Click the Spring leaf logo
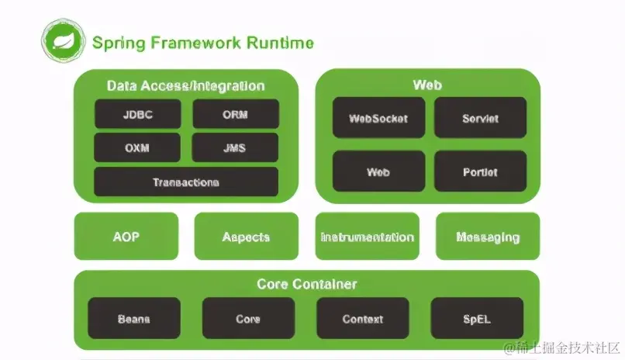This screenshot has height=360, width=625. [63, 40]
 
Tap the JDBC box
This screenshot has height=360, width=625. [138, 114]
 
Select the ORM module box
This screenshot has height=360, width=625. [236, 114]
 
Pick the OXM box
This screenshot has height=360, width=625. [137, 147]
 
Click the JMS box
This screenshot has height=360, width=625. [235, 147]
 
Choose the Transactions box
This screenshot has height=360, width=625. [186, 182]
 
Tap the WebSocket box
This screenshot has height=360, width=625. [378, 118]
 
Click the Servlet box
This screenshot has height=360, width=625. [480, 118]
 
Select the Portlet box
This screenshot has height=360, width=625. [480, 171]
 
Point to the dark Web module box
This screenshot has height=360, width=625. [378, 171]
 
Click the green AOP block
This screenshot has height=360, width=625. [126, 236]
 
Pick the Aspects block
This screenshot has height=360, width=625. [247, 236]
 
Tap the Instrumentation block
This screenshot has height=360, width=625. [367, 236]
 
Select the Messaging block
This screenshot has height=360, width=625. [488, 236]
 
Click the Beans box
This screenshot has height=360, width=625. [134, 318]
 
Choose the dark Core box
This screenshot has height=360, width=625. [248, 318]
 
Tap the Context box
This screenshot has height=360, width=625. [363, 318]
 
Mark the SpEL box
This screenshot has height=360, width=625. [477, 318]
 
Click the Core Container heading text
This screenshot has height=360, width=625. [307, 284]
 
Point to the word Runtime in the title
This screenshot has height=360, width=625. [280, 43]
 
